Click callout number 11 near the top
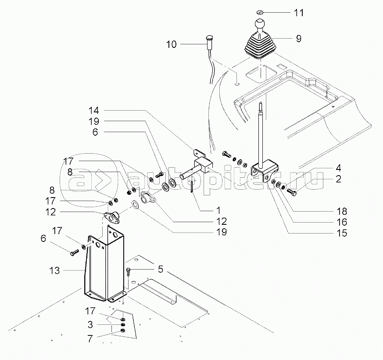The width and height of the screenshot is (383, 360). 298,12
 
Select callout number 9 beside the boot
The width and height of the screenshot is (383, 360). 298,38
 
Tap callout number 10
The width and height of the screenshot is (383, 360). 171,44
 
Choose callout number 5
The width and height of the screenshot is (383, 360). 161,269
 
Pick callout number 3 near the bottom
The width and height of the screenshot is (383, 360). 91,325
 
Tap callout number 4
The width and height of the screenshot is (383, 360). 339,168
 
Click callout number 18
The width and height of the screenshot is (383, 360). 342,211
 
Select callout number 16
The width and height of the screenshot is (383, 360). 342,222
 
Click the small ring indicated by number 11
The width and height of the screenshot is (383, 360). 260,12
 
